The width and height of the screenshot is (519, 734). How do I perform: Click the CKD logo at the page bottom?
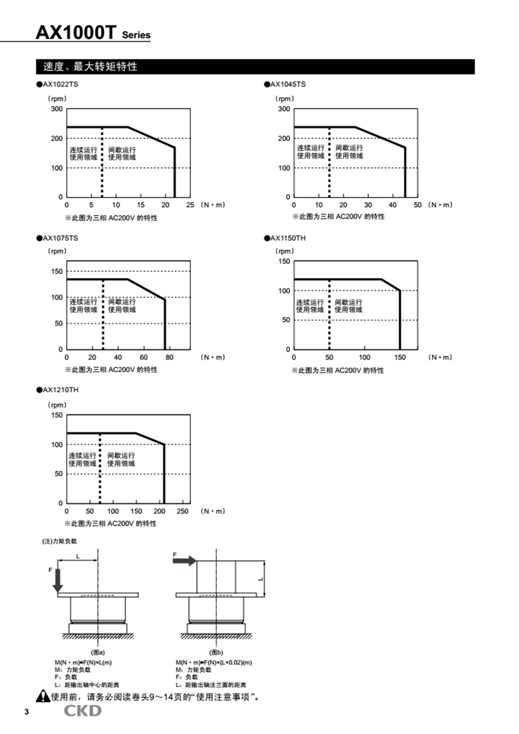(83, 711)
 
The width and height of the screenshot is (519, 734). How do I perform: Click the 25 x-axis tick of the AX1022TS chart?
(190, 205)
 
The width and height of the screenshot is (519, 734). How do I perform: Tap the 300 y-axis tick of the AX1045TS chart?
(284, 109)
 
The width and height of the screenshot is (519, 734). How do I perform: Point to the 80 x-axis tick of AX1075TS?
(169, 357)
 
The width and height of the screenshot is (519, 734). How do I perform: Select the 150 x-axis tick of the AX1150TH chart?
(400, 357)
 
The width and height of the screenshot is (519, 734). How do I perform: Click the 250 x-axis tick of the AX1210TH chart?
(184, 511)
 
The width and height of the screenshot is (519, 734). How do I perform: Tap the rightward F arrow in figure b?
(185, 560)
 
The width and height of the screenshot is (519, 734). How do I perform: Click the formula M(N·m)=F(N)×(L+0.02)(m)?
(214, 663)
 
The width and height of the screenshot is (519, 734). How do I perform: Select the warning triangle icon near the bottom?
(43, 697)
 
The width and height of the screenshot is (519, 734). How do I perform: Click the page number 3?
(27, 712)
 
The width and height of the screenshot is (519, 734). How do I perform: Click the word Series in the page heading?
(136, 36)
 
